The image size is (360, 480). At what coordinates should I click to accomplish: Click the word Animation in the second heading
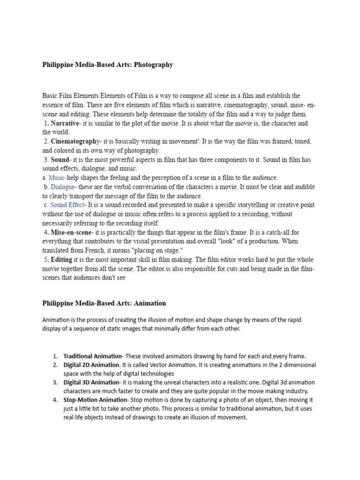tap(150, 303)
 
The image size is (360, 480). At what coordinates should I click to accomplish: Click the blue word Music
tap(57, 178)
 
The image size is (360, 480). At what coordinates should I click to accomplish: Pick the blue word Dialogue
tap(63, 187)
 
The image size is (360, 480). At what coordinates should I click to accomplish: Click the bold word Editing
tap(61, 260)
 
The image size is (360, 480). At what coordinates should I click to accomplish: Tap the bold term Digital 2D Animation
tap(92, 365)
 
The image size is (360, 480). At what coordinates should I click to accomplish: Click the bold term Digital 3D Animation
tap(91, 382)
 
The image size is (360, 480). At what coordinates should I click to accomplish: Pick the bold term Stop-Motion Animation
tap(96, 400)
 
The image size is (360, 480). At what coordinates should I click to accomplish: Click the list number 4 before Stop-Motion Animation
tap(55, 400)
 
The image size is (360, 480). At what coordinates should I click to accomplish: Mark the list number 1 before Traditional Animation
tap(55, 356)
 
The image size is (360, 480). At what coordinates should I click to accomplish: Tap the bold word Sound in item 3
tap(60, 160)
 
